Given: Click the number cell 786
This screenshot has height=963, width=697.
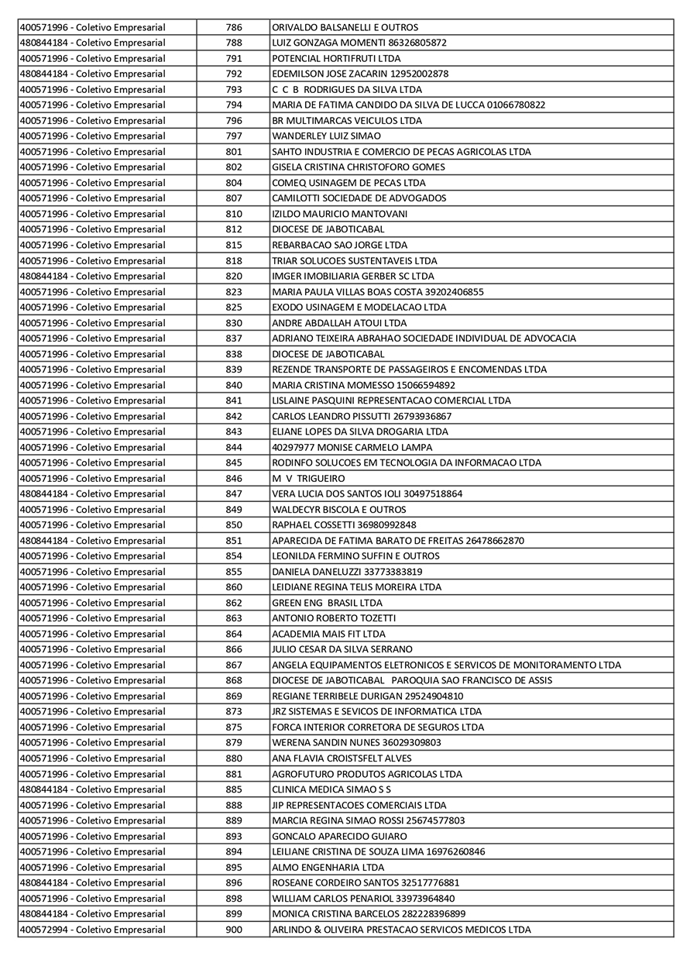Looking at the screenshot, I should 233,27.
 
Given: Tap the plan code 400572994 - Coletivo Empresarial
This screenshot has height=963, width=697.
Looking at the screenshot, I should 92,930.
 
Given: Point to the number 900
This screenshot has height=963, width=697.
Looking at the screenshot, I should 233,930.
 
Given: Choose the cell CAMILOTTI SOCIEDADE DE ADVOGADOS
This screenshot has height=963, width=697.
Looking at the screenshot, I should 359,198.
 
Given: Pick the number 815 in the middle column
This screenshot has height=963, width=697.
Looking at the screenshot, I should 233,245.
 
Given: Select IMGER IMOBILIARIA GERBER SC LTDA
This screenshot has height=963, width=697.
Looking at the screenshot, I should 353,276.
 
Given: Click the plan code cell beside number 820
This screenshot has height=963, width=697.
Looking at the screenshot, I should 92,276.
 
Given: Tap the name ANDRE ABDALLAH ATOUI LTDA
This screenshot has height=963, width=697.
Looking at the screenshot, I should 339,323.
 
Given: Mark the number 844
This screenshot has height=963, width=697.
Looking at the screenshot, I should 233,447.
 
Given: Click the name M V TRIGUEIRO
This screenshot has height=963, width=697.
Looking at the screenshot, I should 308,478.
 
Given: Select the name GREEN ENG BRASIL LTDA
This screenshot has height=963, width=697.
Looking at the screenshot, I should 327,603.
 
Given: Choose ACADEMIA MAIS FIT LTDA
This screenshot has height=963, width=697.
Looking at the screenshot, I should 328,634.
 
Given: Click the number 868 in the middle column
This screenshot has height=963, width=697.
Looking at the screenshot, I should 233,680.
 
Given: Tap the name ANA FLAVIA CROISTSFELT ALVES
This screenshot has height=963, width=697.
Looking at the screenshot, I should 342,758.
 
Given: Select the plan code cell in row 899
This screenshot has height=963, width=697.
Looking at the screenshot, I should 92,914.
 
